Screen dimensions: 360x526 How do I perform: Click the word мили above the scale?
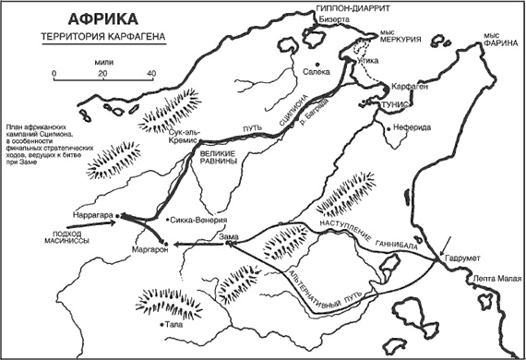[103, 56]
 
